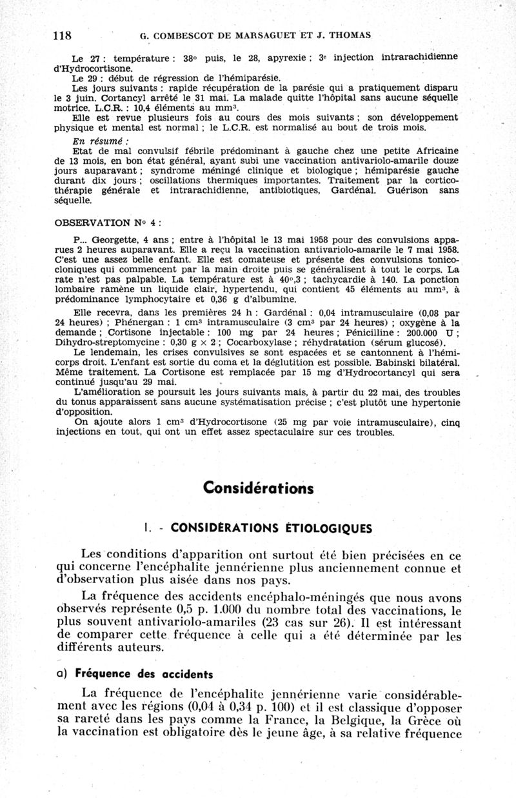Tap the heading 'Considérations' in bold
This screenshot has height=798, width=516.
coord(258,487)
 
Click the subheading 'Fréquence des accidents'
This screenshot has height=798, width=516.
coord(144,675)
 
